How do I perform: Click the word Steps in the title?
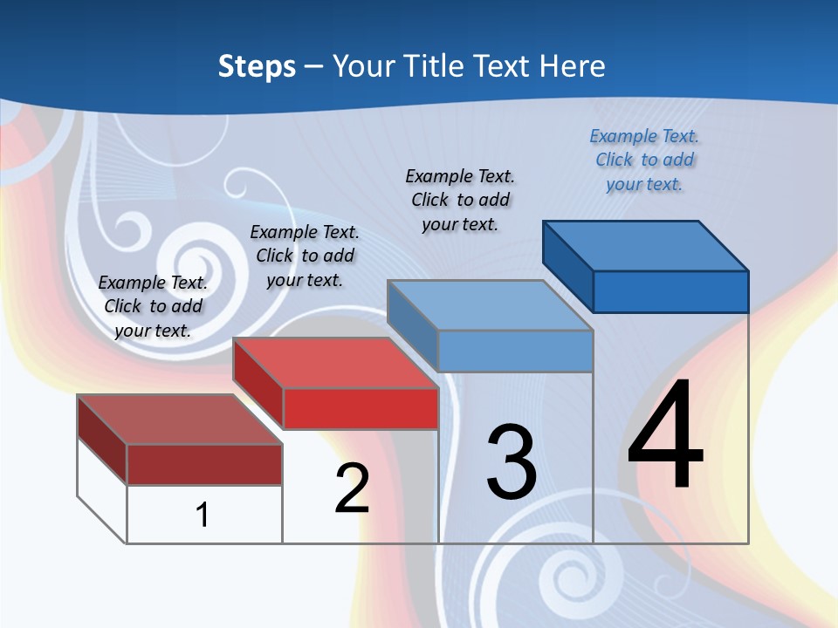257,66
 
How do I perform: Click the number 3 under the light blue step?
512,462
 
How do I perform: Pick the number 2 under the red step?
352,488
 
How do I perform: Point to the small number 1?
203,515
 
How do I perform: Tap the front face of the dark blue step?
670,291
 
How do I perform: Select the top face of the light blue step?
489,304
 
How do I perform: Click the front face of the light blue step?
515,351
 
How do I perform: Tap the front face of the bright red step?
361,408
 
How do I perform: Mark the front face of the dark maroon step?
204,464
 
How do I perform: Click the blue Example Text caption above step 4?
644,160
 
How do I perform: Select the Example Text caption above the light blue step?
460,200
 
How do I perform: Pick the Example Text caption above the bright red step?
305,256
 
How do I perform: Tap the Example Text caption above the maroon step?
153,306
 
